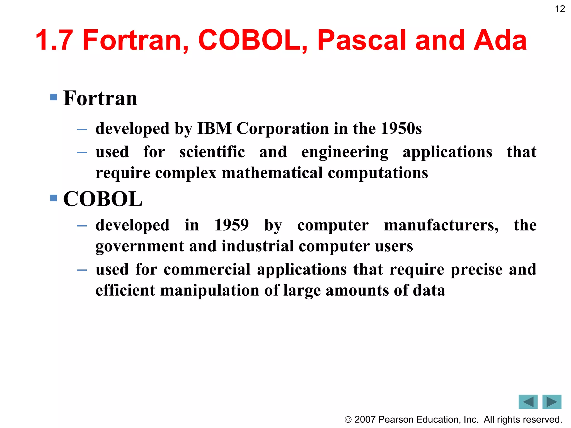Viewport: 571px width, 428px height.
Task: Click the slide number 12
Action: (x=560, y=9)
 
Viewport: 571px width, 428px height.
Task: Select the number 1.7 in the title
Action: (x=54, y=40)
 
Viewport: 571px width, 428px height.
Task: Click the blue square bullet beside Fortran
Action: (x=54, y=97)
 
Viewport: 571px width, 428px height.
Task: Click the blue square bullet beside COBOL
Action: (x=54, y=198)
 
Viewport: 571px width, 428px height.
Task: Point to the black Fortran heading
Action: (x=100, y=98)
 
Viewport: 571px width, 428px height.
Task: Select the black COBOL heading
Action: (x=103, y=199)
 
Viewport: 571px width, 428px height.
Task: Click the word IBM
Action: (x=214, y=128)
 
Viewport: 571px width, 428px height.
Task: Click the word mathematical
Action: (x=272, y=173)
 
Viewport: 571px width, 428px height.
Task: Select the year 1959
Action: (x=231, y=225)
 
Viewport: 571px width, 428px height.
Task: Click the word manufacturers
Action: (x=441, y=225)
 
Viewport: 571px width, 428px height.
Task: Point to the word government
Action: (x=140, y=247)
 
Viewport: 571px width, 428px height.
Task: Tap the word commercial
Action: (x=207, y=269)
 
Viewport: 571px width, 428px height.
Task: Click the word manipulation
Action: (x=210, y=291)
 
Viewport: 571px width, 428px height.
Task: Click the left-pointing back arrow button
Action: (x=528, y=402)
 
